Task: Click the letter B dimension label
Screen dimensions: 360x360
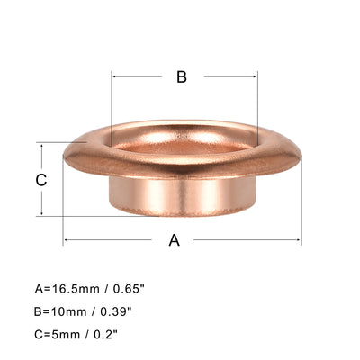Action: (181, 77)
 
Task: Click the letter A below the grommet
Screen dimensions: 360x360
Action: (175, 240)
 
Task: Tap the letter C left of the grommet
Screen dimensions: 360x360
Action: (40, 180)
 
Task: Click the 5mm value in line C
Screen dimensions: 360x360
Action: (64, 334)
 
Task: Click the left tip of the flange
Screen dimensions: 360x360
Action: (66, 158)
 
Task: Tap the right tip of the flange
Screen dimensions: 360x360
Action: (299, 158)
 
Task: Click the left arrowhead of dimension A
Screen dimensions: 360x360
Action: (66, 240)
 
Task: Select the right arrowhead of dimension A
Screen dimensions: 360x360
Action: (298, 240)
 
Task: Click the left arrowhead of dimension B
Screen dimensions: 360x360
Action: (114, 77)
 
